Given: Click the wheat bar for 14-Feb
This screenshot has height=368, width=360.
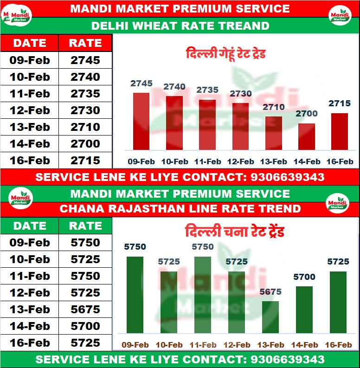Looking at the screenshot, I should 307,136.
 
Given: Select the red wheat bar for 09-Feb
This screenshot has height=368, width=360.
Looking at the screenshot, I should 141,121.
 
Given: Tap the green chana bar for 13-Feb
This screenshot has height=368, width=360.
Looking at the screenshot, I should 270,317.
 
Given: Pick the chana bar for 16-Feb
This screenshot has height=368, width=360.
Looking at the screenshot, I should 338,302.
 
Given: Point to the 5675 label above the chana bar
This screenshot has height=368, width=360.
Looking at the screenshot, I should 270,292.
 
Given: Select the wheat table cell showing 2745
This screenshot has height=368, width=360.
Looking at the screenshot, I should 85,60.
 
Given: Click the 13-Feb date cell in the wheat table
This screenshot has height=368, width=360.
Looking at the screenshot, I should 30,127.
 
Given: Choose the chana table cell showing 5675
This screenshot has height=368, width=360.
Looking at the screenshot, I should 85,310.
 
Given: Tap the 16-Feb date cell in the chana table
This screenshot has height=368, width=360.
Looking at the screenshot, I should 30,343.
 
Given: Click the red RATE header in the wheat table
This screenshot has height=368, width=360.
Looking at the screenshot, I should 85,43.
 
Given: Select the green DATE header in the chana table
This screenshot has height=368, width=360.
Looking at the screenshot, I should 30,226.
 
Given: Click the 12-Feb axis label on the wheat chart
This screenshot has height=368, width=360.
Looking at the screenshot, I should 240,162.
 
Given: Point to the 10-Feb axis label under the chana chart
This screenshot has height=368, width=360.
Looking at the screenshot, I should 169,345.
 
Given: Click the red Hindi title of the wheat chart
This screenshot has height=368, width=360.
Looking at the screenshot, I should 225,53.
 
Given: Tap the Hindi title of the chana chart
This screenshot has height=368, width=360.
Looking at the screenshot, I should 234,231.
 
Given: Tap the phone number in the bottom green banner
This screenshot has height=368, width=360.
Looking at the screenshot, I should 287,360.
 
